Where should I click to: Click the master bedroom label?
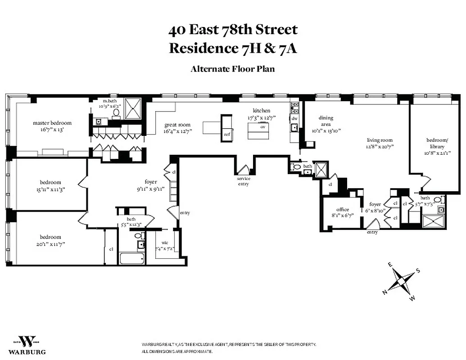pyautogui.click(x=52, y=123)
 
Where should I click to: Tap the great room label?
pyautogui.click(x=177, y=125)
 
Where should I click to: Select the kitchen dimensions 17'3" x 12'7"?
pyautogui.click(x=261, y=117)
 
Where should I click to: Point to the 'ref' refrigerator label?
pyautogui.click(x=227, y=134)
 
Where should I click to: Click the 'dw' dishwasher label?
pyautogui.click(x=294, y=118)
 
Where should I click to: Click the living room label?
pyautogui.click(x=379, y=140)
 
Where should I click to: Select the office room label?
pyautogui.click(x=343, y=210)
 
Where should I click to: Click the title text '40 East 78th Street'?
pyautogui.click(x=233, y=30)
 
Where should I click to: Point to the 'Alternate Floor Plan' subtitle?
pyautogui.click(x=232, y=69)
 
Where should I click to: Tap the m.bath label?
pyautogui.click(x=110, y=101)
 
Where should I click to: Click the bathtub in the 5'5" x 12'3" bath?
pyautogui.click(x=132, y=259)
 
